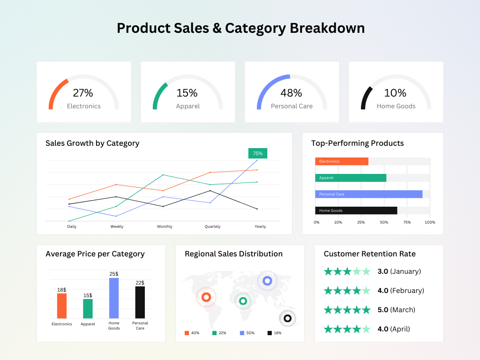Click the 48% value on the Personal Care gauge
(291, 93)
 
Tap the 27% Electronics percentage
(83, 93)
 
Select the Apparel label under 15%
(187, 106)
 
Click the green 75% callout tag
(257, 153)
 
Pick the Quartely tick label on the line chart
(212, 227)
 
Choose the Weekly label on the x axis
(117, 227)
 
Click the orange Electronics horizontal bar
(342, 161)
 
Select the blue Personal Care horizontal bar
(368, 194)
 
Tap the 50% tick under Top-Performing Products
(384, 222)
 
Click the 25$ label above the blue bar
(114, 274)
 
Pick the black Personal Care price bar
(140, 302)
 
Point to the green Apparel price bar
(88, 308)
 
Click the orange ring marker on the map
(206, 297)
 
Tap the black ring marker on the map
(287, 318)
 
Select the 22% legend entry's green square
(214, 333)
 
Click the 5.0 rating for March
(382, 310)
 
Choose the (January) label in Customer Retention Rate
(405, 271)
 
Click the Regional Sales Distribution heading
(233, 254)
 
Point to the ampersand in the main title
(216, 28)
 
